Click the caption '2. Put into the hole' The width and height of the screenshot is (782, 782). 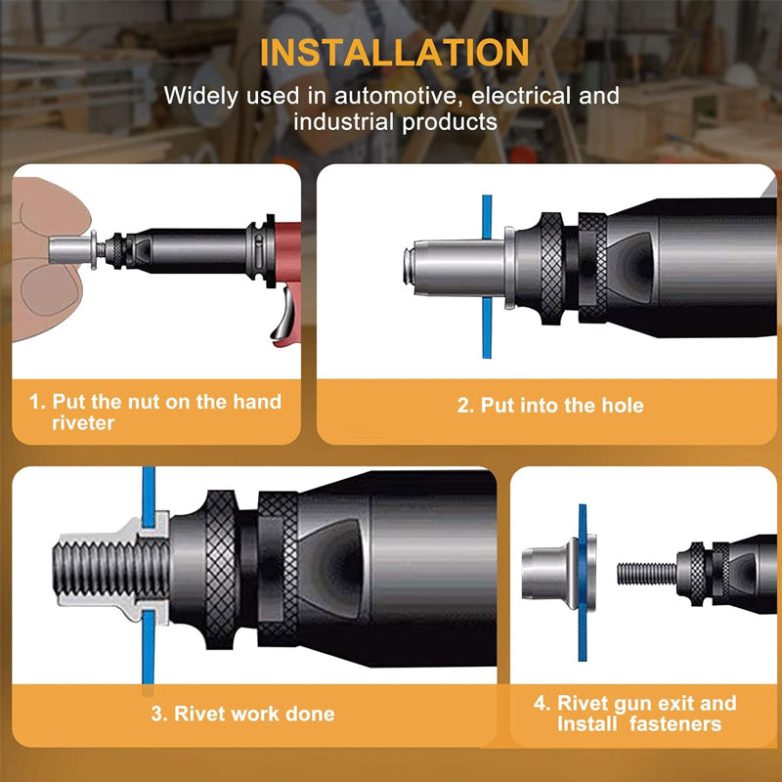[x=550, y=405]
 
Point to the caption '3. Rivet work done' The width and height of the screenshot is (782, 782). [x=242, y=714]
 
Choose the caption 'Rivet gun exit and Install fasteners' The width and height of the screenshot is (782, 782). [x=646, y=714]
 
